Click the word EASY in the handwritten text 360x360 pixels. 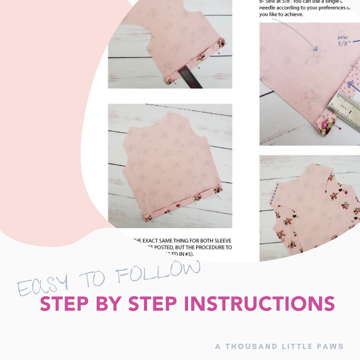tap(42, 285)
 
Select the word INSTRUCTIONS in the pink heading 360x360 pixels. tap(259, 304)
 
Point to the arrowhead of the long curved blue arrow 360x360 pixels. tap(315, 49)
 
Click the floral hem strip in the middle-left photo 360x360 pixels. tap(183, 204)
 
